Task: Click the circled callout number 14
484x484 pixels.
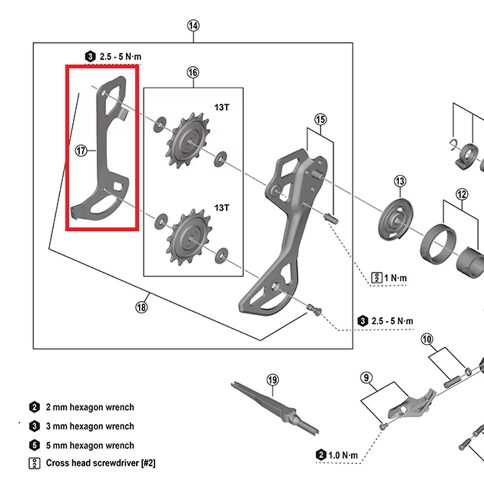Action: click(193, 26)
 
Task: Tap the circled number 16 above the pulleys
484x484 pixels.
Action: click(193, 73)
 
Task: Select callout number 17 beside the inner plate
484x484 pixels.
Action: click(81, 151)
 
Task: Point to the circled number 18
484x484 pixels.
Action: click(141, 307)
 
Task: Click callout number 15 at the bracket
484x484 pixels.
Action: click(320, 120)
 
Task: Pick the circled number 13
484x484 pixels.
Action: click(400, 181)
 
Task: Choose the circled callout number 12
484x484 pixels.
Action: click(462, 194)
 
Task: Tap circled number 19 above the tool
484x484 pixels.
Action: click(273, 380)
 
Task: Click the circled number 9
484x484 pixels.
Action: click(366, 378)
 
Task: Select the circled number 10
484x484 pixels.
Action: click(427, 339)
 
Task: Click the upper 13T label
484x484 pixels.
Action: click(221, 108)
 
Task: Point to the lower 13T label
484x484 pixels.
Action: click(221, 208)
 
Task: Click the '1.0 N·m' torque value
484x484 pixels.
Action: click(343, 456)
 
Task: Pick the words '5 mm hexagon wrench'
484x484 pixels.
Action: click(90, 446)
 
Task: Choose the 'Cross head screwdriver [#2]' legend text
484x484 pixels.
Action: click(100, 463)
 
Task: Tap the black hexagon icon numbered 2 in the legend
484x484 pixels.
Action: click(35, 407)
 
